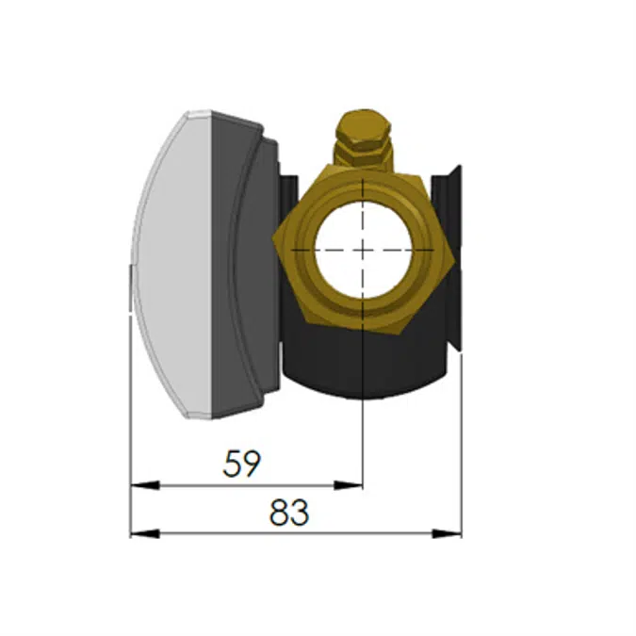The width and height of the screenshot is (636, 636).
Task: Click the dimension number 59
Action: tap(242, 464)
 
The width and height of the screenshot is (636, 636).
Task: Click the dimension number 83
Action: tap(289, 513)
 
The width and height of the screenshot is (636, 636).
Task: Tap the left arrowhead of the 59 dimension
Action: tap(145, 484)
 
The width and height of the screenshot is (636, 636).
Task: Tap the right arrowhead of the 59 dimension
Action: tap(348, 484)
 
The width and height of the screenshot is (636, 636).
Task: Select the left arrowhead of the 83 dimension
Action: tap(145, 533)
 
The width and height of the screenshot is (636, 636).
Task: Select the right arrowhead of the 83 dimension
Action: tap(447, 533)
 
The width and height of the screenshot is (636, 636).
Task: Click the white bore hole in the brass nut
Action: tap(363, 250)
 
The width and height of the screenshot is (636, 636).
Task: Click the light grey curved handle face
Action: tap(172, 264)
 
